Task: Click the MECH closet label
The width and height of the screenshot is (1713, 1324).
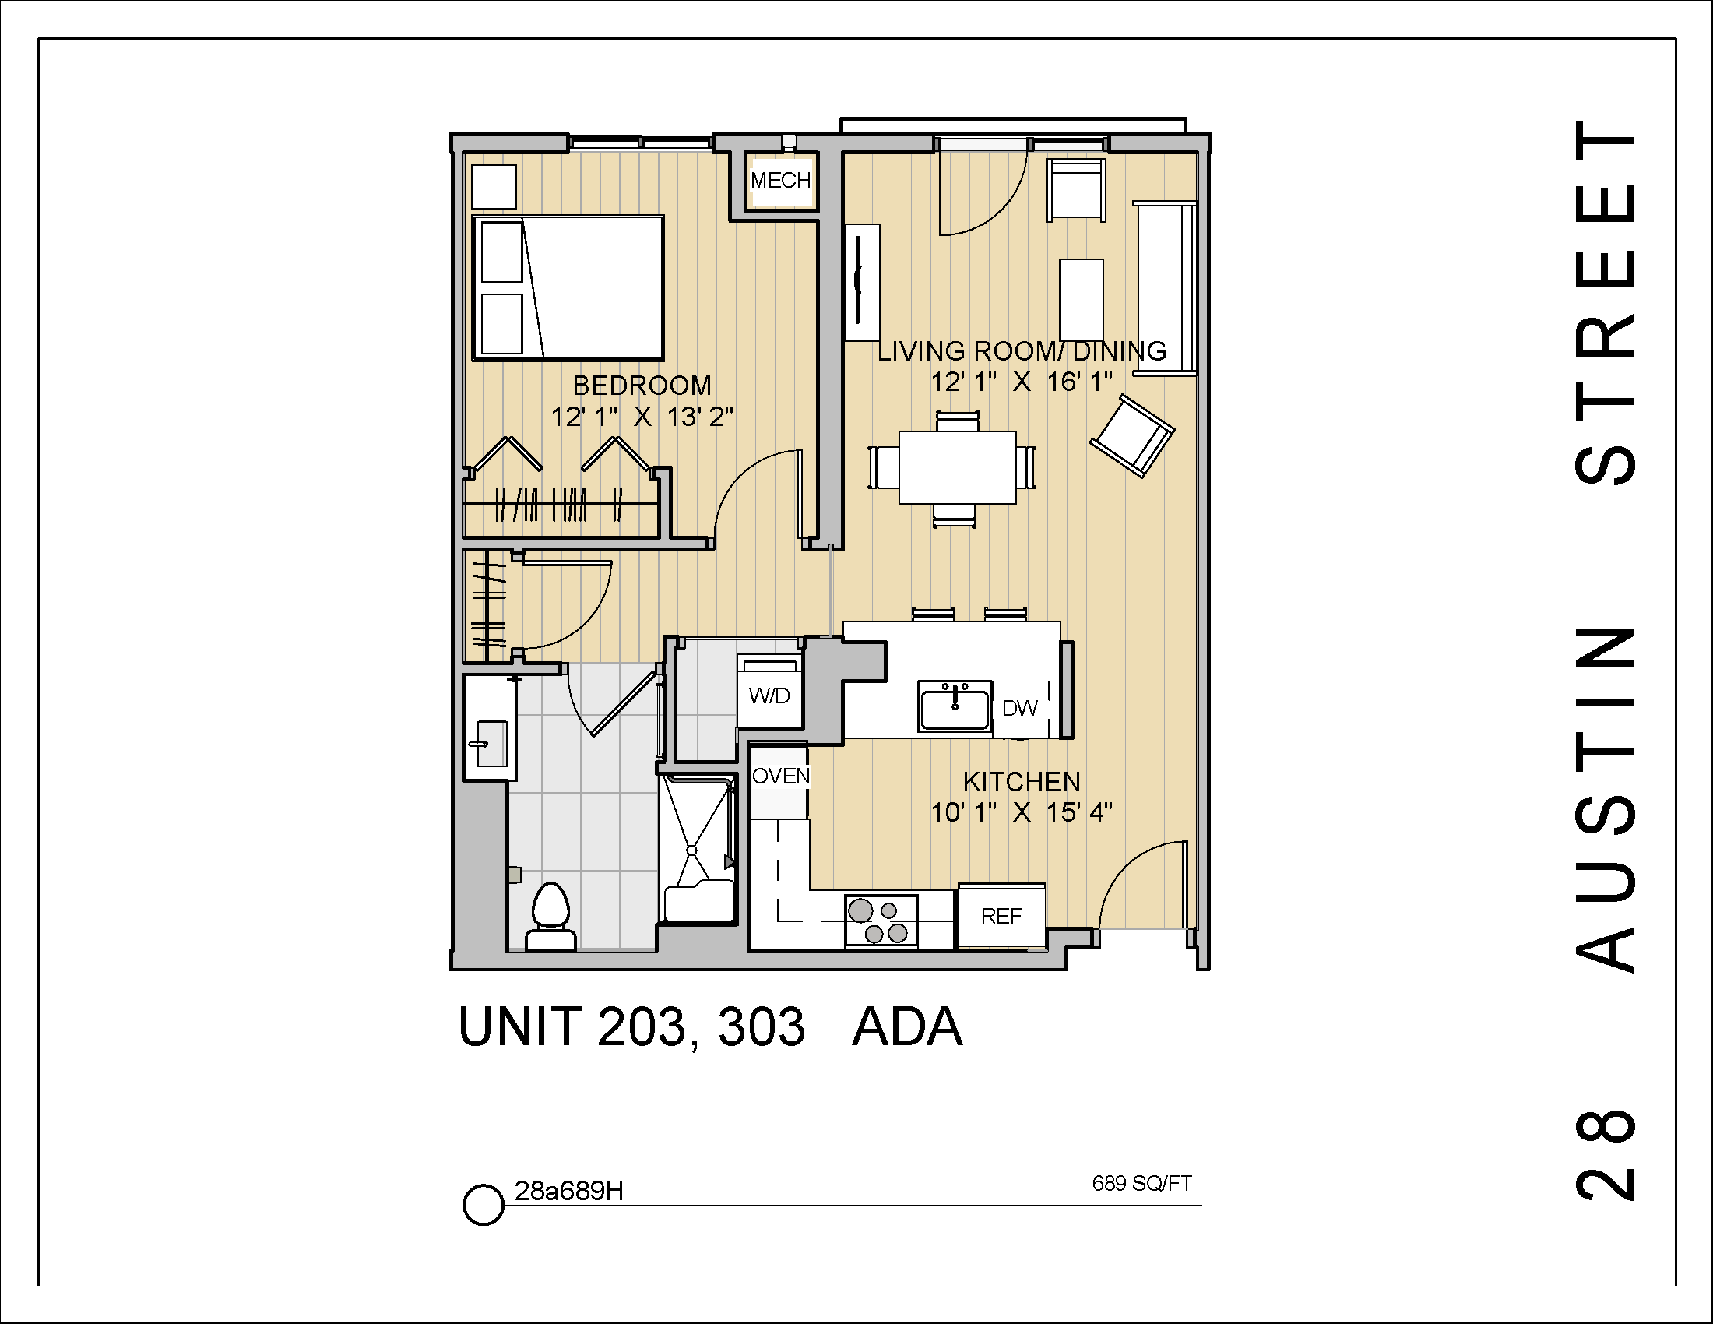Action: tap(780, 181)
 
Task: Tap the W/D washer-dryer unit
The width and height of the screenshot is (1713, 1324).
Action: tap(769, 695)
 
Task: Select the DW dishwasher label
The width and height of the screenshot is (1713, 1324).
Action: tap(1020, 708)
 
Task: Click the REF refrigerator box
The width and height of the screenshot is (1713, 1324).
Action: tap(1001, 915)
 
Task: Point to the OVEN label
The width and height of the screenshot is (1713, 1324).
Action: tap(780, 776)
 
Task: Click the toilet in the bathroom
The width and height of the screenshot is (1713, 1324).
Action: tap(550, 914)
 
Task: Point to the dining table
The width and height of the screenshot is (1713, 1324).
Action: tap(957, 467)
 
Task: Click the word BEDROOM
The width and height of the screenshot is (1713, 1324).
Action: tap(642, 385)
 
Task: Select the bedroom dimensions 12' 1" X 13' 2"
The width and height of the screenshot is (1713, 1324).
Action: tap(642, 417)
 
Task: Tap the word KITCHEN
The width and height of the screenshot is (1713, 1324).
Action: tap(1022, 781)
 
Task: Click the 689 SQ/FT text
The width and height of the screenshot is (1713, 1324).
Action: tap(1142, 1183)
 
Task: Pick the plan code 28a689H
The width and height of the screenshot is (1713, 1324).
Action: tap(568, 1191)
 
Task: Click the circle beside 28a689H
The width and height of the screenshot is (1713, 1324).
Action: tap(483, 1204)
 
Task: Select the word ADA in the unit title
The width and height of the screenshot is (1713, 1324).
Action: tap(907, 1027)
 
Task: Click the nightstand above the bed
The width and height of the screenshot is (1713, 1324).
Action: tap(494, 187)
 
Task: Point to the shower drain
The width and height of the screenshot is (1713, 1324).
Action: tap(691, 850)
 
